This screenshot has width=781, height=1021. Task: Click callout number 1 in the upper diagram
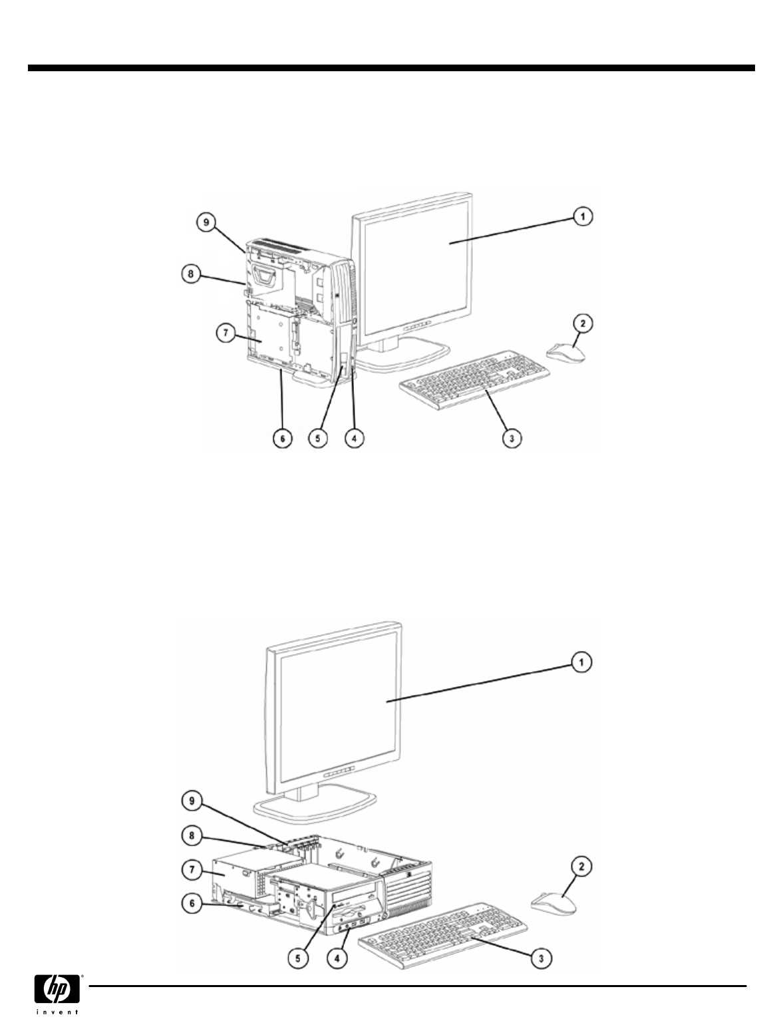pyautogui.click(x=581, y=216)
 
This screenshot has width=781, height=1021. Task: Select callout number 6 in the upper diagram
pyautogui.click(x=282, y=439)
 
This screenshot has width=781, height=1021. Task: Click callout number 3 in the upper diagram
pyautogui.click(x=511, y=439)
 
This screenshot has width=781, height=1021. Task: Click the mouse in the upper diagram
pyautogui.click(x=566, y=352)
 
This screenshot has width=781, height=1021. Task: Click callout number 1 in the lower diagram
pyautogui.click(x=581, y=662)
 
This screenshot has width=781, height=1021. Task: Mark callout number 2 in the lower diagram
pyautogui.click(x=581, y=867)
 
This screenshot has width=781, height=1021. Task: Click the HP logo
pyautogui.click(x=59, y=990)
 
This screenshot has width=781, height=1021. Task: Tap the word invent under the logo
pyautogui.click(x=59, y=1012)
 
